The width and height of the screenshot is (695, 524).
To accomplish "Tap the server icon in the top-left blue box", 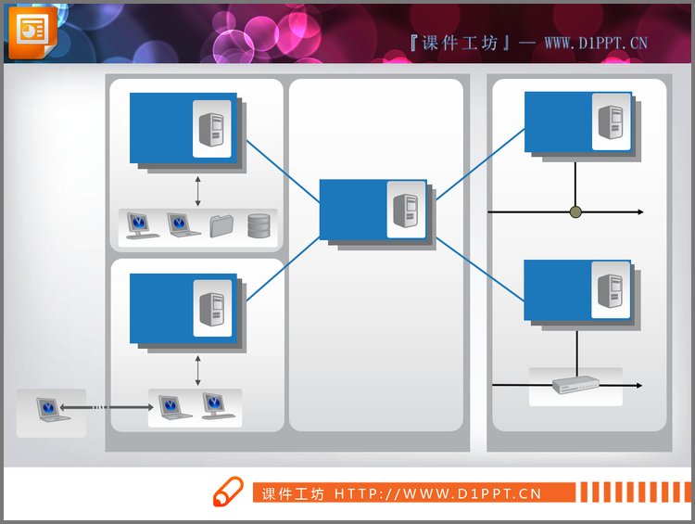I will pos(212,127).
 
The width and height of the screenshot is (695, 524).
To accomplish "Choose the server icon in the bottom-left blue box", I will pos(212,308).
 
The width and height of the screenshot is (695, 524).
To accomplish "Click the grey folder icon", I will pos(221,225).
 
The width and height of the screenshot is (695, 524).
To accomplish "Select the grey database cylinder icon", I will pos(259,225).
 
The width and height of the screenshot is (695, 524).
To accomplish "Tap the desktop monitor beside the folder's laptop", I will pos(139,225).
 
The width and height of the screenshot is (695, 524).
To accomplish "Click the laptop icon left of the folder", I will pos(180,225).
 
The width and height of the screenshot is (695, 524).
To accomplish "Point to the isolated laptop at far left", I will pos(52,409).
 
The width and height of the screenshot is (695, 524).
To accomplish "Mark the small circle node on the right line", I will pos(575,212).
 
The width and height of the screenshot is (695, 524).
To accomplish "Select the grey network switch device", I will pos(575,384).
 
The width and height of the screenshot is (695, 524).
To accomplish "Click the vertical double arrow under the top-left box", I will pos(197,190).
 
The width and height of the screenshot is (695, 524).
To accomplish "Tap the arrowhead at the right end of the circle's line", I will pos(639,212).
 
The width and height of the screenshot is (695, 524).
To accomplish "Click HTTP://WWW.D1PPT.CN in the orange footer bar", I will pos(437,493).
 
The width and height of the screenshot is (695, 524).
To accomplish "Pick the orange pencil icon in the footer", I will pos(227,492).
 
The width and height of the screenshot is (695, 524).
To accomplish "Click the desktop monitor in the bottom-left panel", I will pos(216,406).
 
